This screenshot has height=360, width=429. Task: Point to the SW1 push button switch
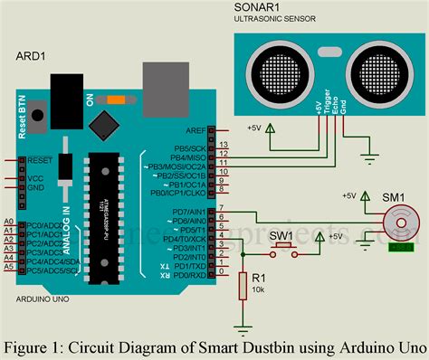(284, 244)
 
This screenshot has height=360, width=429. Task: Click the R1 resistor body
(242, 262)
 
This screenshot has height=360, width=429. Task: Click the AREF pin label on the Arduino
(195, 130)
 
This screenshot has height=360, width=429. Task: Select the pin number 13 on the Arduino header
(224, 145)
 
